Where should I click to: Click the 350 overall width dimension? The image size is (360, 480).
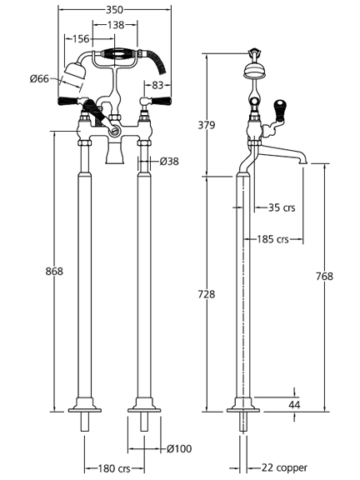click(114, 10)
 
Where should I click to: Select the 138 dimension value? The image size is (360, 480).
click(116, 25)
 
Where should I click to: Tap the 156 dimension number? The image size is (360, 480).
click(81, 39)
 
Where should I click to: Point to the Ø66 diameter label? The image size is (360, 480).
click(39, 78)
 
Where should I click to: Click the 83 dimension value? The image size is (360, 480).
click(157, 85)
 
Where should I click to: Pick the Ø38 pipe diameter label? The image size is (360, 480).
click(169, 161)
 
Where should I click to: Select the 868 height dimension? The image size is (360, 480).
click(54, 271)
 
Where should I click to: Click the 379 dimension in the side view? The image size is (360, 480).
click(207, 125)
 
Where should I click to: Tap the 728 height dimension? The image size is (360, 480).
click(207, 294)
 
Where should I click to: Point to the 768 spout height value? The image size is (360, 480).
click(324, 277)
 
